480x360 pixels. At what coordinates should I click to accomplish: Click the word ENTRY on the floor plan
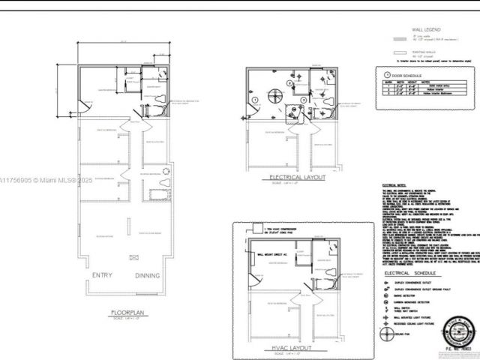(103, 276)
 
